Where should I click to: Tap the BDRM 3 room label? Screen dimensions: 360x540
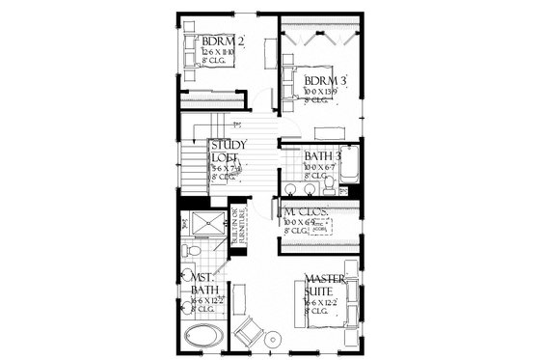(x=325, y=81)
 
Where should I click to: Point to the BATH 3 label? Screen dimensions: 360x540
(x=323, y=155)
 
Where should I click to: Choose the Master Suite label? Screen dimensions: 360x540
(x=325, y=285)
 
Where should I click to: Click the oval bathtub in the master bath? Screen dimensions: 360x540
(x=202, y=339)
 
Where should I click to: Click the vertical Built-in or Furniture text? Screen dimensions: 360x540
(x=235, y=225)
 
